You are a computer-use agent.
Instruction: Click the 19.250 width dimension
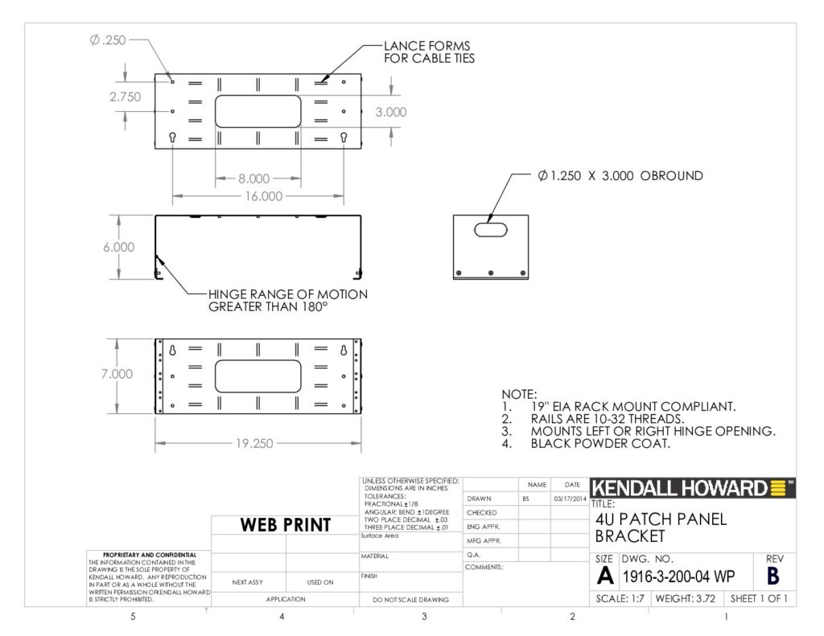[x=254, y=443]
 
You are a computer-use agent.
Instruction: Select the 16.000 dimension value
[x=264, y=196]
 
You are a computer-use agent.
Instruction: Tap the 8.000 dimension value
[x=253, y=178]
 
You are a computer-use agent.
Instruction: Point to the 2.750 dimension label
[x=125, y=96]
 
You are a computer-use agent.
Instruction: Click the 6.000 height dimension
[x=119, y=247]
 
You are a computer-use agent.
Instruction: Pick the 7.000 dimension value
[x=117, y=373]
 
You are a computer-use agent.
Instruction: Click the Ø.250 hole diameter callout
[x=108, y=40]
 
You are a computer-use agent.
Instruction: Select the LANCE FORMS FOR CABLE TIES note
[x=429, y=52]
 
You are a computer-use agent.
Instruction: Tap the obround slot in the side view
[x=491, y=229]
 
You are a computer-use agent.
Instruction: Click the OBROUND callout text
[x=620, y=175]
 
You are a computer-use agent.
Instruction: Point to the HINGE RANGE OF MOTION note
[x=288, y=301]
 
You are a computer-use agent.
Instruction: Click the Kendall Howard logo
[x=692, y=488]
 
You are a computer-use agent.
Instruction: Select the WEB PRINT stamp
[x=286, y=525]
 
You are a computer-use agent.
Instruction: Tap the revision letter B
[x=773, y=577]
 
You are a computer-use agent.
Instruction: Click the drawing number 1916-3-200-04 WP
[x=678, y=577]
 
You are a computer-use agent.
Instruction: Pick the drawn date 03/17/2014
[x=570, y=499]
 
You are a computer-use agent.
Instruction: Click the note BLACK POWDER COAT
[x=600, y=443]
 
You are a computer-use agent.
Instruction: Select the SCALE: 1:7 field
[x=620, y=599]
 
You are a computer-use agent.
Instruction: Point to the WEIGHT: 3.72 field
[x=686, y=599]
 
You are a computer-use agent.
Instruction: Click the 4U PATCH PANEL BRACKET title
[x=661, y=527]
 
